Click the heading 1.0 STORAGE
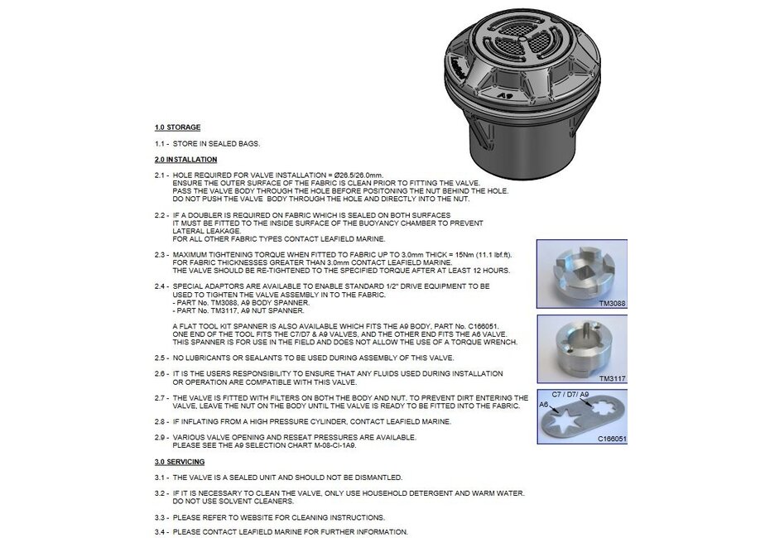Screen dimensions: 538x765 [177, 127]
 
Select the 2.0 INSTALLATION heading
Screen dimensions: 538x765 [185, 159]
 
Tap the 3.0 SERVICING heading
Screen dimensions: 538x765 [179, 461]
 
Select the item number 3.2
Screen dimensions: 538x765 [161, 493]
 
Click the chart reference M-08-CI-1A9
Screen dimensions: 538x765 [330, 445]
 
